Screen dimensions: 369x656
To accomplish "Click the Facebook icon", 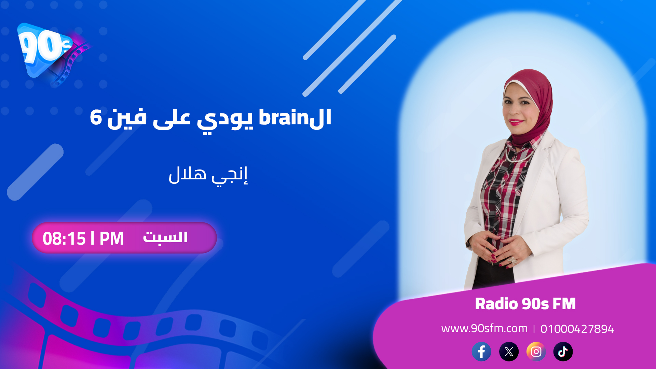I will pos(481,352).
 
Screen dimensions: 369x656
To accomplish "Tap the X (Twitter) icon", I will pos(509,352).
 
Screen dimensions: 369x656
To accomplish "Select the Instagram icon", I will pos(536,352).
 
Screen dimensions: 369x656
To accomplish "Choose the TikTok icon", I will pos(563,352).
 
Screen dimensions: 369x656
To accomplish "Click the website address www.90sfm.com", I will pos(484,328).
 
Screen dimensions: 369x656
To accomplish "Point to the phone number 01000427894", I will pos(577,329).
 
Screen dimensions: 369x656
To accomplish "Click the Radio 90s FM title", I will pos(525,304).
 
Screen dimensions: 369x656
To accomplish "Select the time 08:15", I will pos(64,238).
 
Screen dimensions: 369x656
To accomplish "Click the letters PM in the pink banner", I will pos(111,238).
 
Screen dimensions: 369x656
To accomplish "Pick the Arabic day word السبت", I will pos(165,237).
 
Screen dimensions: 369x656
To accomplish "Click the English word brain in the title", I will pos(284,118).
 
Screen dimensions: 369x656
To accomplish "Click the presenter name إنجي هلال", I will pos(208,175).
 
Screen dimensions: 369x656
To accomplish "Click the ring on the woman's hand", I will pos(512,261).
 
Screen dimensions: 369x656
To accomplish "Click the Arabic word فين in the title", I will pos(127,118).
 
